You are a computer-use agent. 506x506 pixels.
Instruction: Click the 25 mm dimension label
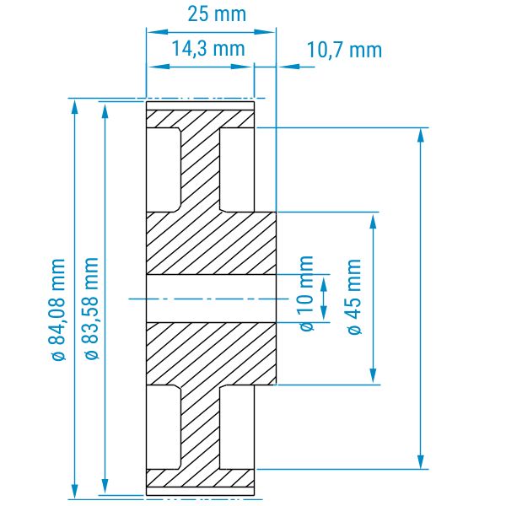pyautogui.click(x=217, y=14)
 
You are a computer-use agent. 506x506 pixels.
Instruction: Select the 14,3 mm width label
pyautogui.click(x=208, y=49)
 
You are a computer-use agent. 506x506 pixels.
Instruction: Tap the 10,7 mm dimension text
pyautogui.click(x=344, y=50)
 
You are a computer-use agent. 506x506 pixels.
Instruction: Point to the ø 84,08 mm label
pyautogui.click(x=58, y=310)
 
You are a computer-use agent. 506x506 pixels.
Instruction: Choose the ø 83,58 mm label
pyautogui.click(x=91, y=308)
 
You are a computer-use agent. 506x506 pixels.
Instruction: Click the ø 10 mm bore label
pyautogui.click(x=307, y=293)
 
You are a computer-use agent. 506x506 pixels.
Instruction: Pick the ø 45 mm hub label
pyautogui.click(x=354, y=297)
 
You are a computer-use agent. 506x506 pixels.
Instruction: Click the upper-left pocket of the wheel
pyautogui.click(x=163, y=170)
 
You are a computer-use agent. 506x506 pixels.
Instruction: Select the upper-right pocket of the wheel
pyautogui.click(x=237, y=170)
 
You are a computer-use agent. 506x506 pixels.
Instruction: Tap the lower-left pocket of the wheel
pyautogui.click(x=163, y=427)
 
